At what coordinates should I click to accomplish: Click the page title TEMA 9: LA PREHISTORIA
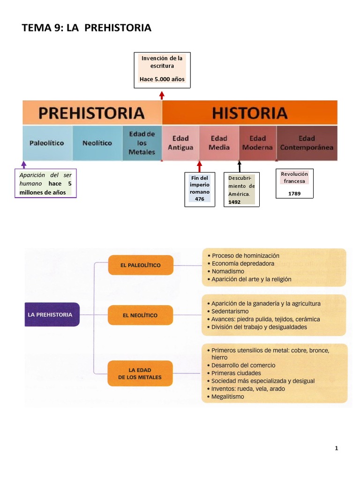click(x=87, y=28)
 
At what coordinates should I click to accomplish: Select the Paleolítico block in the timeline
click(x=47, y=143)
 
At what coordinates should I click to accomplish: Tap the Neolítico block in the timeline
click(x=97, y=143)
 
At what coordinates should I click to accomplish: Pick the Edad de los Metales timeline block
click(x=142, y=143)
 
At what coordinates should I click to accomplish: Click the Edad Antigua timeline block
click(x=180, y=143)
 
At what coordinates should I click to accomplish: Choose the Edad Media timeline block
click(x=219, y=143)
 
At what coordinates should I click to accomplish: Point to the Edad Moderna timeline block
click(x=257, y=143)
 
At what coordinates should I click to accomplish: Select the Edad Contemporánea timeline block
click(x=307, y=143)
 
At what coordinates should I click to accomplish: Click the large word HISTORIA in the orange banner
click(x=249, y=113)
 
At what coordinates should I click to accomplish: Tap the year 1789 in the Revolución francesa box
click(x=294, y=193)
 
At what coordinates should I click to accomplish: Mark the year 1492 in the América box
click(x=234, y=202)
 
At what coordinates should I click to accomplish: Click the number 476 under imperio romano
click(x=200, y=199)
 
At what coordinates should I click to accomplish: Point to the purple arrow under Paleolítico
click(x=24, y=165)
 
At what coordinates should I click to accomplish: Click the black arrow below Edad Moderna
click(x=240, y=166)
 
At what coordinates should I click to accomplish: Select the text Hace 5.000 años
click(x=162, y=79)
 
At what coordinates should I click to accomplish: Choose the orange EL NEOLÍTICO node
click(x=140, y=315)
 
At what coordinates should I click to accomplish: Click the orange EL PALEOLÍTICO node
click(x=140, y=265)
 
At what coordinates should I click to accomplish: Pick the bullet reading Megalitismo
click(x=228, y=397)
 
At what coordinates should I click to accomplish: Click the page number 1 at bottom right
click(x=336, y=448)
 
